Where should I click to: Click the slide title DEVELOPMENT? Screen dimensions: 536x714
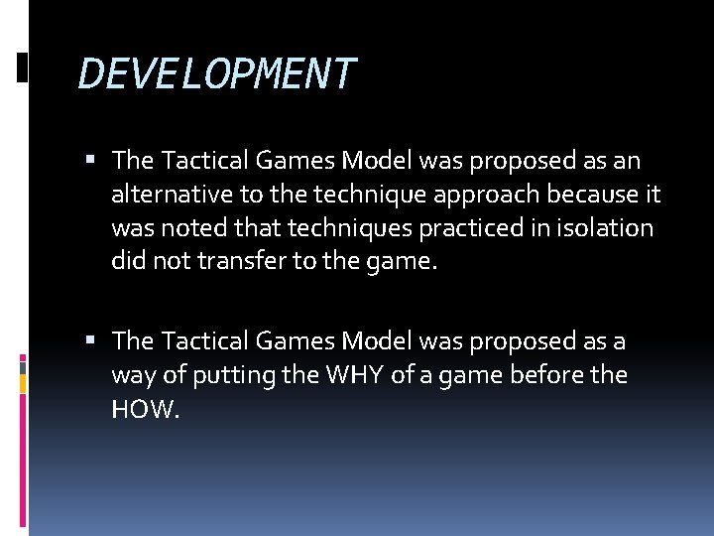tap(216, 74)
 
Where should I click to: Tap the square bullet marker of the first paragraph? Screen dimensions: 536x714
tap(91, 160)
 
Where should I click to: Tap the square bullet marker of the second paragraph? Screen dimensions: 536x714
tap(91, 341)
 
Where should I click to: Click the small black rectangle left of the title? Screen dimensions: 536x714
tap(22, 67)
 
